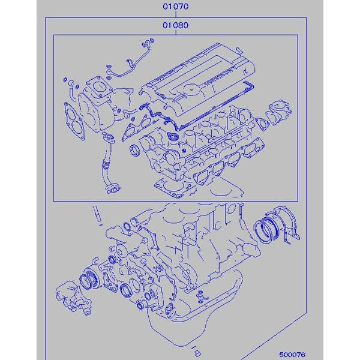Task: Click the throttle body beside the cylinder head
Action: (281, 111)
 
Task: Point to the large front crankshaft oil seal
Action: (90, 281)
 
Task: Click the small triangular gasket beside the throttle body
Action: (262, 124)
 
